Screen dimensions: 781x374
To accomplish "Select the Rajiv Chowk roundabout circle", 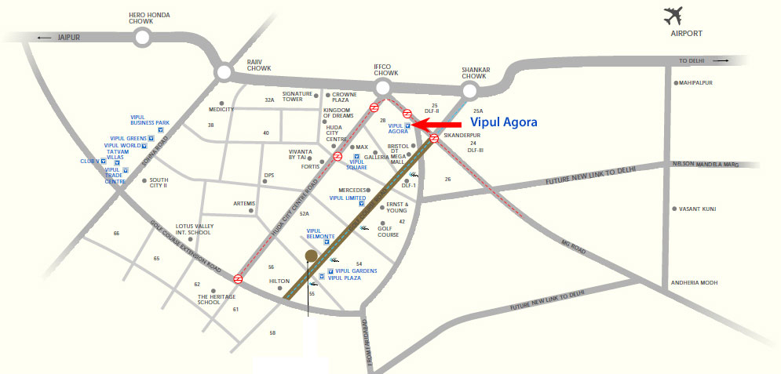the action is [x=224, y=73].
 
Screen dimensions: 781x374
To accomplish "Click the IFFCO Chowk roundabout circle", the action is [x=384, y=87].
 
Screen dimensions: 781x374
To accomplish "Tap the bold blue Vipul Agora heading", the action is [x=504, y=123].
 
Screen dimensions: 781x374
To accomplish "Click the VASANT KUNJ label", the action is [x=695, y=209].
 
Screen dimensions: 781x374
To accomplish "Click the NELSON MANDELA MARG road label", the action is [x=707, y=165].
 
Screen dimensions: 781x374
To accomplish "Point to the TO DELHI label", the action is [x=694, y=60].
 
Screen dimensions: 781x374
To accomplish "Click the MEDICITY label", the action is [x=221, y=110].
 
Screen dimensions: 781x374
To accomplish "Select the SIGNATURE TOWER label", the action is [x=293, y=96].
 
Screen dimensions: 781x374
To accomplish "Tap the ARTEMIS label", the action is [x=244, y=204].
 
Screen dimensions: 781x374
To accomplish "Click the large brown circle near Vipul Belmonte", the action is [x=311, y=256].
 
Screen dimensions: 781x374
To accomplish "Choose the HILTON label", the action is [x=280, y=280].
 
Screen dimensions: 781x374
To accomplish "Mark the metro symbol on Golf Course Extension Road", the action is [x=237, y=278].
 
